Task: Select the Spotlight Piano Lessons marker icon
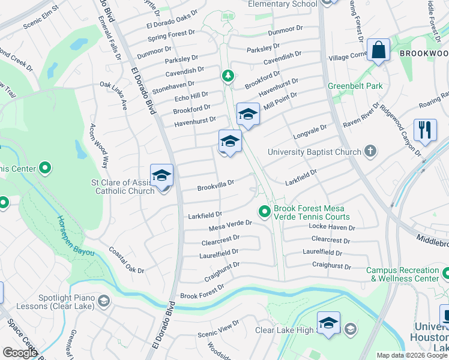104,301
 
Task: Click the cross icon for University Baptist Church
370,151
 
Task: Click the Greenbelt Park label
355,86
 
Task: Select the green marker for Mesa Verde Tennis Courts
264,211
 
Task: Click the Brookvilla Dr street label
215,185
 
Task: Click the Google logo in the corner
20,353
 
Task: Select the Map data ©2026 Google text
412,355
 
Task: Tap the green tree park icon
228,76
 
